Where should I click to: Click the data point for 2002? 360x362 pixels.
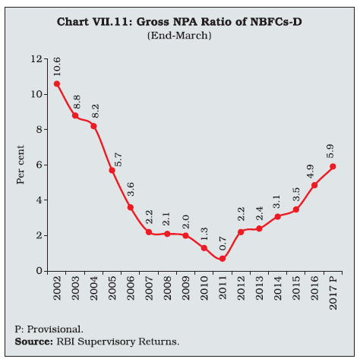pyautogui.click(x=57, y=83)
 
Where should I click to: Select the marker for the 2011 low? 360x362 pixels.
pyautogui.click(x=223, y=259)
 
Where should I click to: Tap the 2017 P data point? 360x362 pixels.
pyautogui.click(x=333, y=166)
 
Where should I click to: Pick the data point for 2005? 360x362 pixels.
pyautogui.click(x=112, y=170)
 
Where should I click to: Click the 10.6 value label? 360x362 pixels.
pyautogui.click(x=57, y=67)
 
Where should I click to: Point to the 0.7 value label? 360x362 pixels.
pyautogui.click(x=223, y=244)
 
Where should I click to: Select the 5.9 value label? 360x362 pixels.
pyautogui.click(x=330, y=151)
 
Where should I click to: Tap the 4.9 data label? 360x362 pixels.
pyautogui.click(x=311, y=172)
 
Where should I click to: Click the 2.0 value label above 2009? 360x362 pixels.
pyautogui.click(x=185, y=222)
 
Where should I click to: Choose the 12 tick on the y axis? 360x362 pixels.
pyautogui.click(x=36, y=59)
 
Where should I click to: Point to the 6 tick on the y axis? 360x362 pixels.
pyautogui.click(x=39, y=165)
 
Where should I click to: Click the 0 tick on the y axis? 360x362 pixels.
pyautogui.click(x=39, y=271)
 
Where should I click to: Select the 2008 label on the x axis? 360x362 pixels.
pyautogui.click(x=167, y=288)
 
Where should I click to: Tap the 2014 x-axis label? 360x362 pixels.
pyautogui.click(x=278, y=288)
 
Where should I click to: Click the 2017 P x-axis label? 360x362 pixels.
pyautogui.click(x=333, y=293)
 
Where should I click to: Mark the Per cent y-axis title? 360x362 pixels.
pyautogui.click(x=21, y=165)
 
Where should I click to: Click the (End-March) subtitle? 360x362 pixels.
pyautogui.click(x=179, y=36)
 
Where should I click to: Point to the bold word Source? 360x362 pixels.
pyautogui.click(x=33, y=342)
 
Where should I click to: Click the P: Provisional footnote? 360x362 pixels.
pyautogui.click(x=49, y=329)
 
